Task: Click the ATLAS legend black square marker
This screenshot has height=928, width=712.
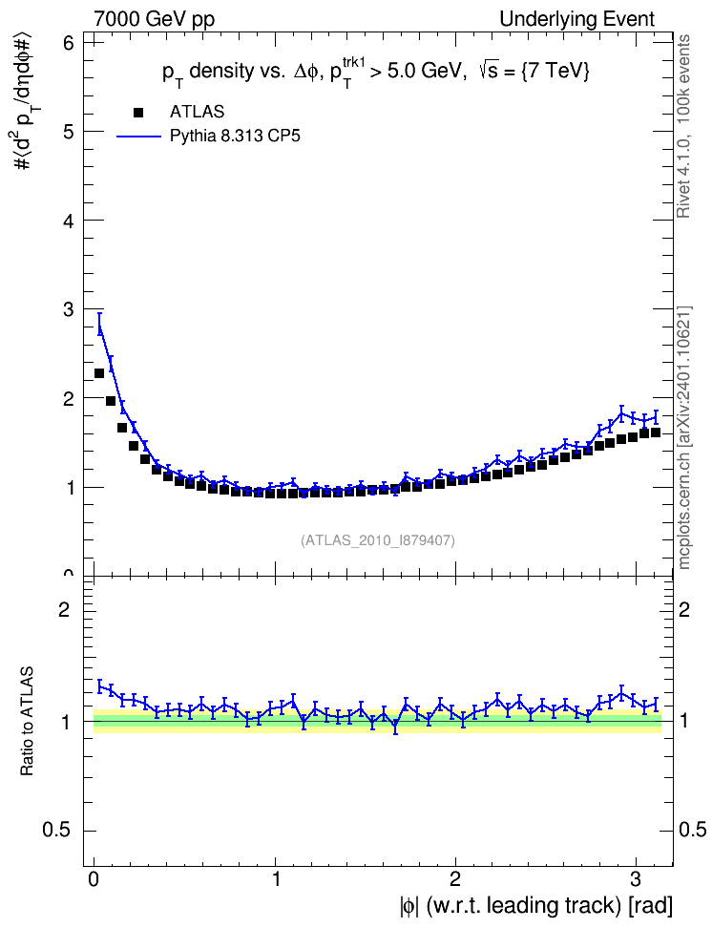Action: [138, 113]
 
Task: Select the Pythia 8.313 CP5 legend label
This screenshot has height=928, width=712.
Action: [235, 137]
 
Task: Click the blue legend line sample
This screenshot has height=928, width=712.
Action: [138, 137]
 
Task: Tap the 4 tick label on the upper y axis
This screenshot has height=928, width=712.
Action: [68, 221]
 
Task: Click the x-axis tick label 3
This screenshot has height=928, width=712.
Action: [636, 879]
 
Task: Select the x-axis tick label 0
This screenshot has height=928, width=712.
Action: [94, 879]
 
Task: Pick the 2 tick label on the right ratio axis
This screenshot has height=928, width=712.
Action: [684, 609]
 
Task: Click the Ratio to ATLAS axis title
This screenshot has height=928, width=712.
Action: [27, 722]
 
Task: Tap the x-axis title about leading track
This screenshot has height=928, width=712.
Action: [536, 906]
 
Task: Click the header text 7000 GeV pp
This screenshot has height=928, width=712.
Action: [154, 19]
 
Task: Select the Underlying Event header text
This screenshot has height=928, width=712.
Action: [577, 19]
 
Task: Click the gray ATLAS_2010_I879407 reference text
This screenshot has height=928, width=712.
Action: [378, 540]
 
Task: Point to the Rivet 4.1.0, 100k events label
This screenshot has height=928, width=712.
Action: [683, 126]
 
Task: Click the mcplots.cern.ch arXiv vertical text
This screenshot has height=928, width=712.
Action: [684, 438]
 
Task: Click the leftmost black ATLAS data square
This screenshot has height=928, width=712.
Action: [99, 373]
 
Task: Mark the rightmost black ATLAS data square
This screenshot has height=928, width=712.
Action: [655, 432]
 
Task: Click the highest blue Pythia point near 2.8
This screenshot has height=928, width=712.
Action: [621, 413]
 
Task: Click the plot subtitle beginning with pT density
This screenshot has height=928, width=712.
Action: [376, 73]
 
